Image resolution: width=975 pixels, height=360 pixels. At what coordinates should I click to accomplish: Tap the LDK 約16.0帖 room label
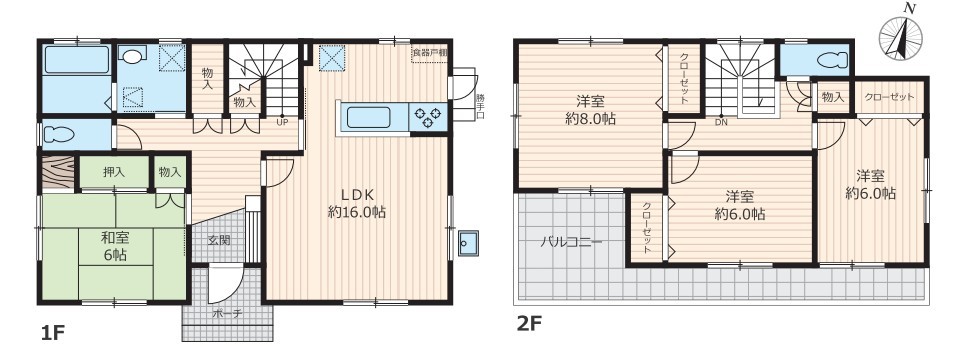tap(357, 203)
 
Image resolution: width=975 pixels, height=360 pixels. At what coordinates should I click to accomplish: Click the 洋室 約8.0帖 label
tap(590, 110)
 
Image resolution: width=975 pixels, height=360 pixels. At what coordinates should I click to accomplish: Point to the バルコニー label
tap(570, 243)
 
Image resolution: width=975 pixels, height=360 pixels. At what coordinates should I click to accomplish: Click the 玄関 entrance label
tap(219, 239)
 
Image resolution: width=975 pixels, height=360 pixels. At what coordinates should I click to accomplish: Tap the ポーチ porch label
tap(228, 314)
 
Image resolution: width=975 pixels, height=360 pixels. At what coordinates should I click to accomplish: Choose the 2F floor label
tap(529, 324)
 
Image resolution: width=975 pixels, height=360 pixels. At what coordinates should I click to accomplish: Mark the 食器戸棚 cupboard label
tap(429, 52)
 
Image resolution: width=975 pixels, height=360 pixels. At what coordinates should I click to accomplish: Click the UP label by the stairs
tap(282, 122)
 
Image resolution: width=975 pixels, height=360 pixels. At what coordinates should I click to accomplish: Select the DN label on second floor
tap(721, 122)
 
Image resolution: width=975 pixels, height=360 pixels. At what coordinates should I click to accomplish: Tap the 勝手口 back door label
tap(480, 106)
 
